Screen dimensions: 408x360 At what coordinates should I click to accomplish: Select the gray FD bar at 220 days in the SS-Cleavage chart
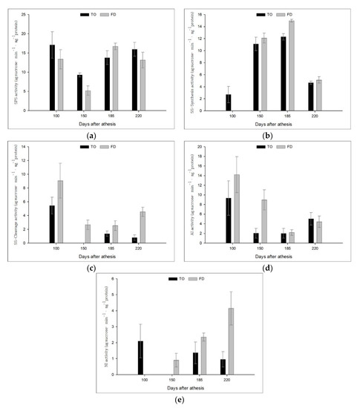coord(143,227)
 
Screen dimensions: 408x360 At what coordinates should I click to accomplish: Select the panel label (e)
coord(180,401)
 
